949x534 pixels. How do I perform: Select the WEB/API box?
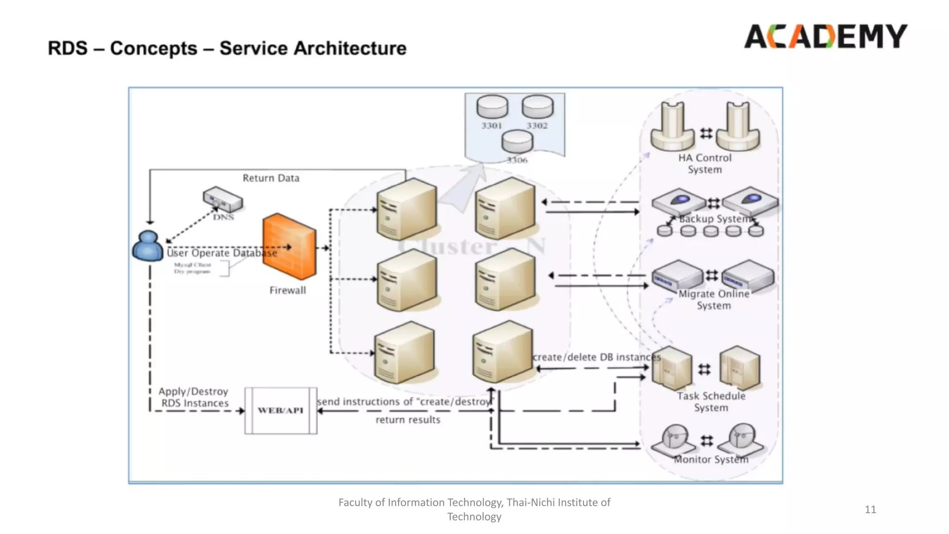281,411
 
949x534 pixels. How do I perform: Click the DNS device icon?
223,199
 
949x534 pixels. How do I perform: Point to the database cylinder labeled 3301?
492,107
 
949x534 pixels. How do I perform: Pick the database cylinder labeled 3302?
538,107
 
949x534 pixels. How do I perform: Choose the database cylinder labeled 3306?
517,141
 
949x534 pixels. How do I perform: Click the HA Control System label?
705,164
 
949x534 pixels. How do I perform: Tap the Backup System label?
715,219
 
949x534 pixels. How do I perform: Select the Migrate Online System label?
714,300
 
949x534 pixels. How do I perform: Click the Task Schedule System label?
711,402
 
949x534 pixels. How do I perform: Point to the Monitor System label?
711,459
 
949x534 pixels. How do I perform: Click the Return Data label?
271,178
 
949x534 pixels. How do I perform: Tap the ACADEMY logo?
825,37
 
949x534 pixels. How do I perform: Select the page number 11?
870,509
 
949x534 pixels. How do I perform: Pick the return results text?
408,420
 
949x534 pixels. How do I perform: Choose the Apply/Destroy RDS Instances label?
194,397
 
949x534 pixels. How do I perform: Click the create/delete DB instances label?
597,357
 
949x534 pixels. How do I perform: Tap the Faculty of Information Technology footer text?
474,509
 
